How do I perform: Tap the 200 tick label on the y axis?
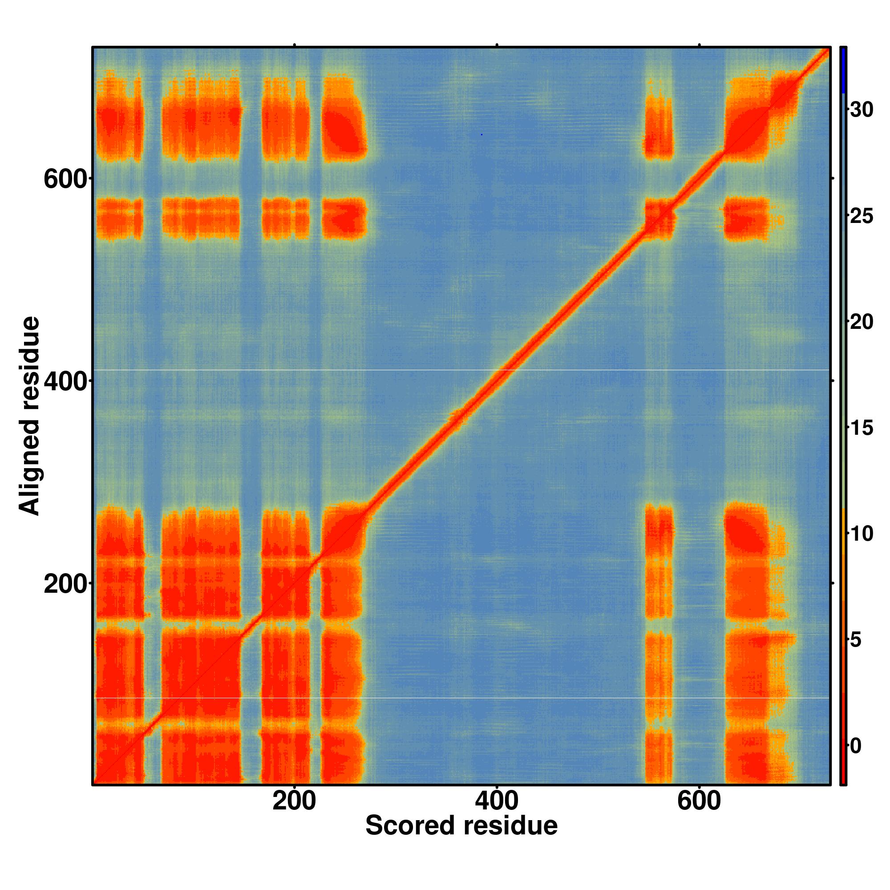tap(65, 585)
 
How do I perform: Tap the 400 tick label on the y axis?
tap(65, 381)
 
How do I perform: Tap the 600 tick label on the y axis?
tap(65, 179)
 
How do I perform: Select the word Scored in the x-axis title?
tap(410, 825)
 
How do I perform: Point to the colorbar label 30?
tap(862, 110)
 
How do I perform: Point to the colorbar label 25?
tap(862, 216)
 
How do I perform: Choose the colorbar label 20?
tap(862, 322)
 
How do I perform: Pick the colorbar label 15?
tap(862, 428)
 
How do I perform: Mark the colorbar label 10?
tap(862, 534)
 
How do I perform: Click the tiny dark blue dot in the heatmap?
tap(481, 134)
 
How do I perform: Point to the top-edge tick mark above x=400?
tap(497, 45)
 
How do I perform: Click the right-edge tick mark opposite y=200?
tap(833, 583)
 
